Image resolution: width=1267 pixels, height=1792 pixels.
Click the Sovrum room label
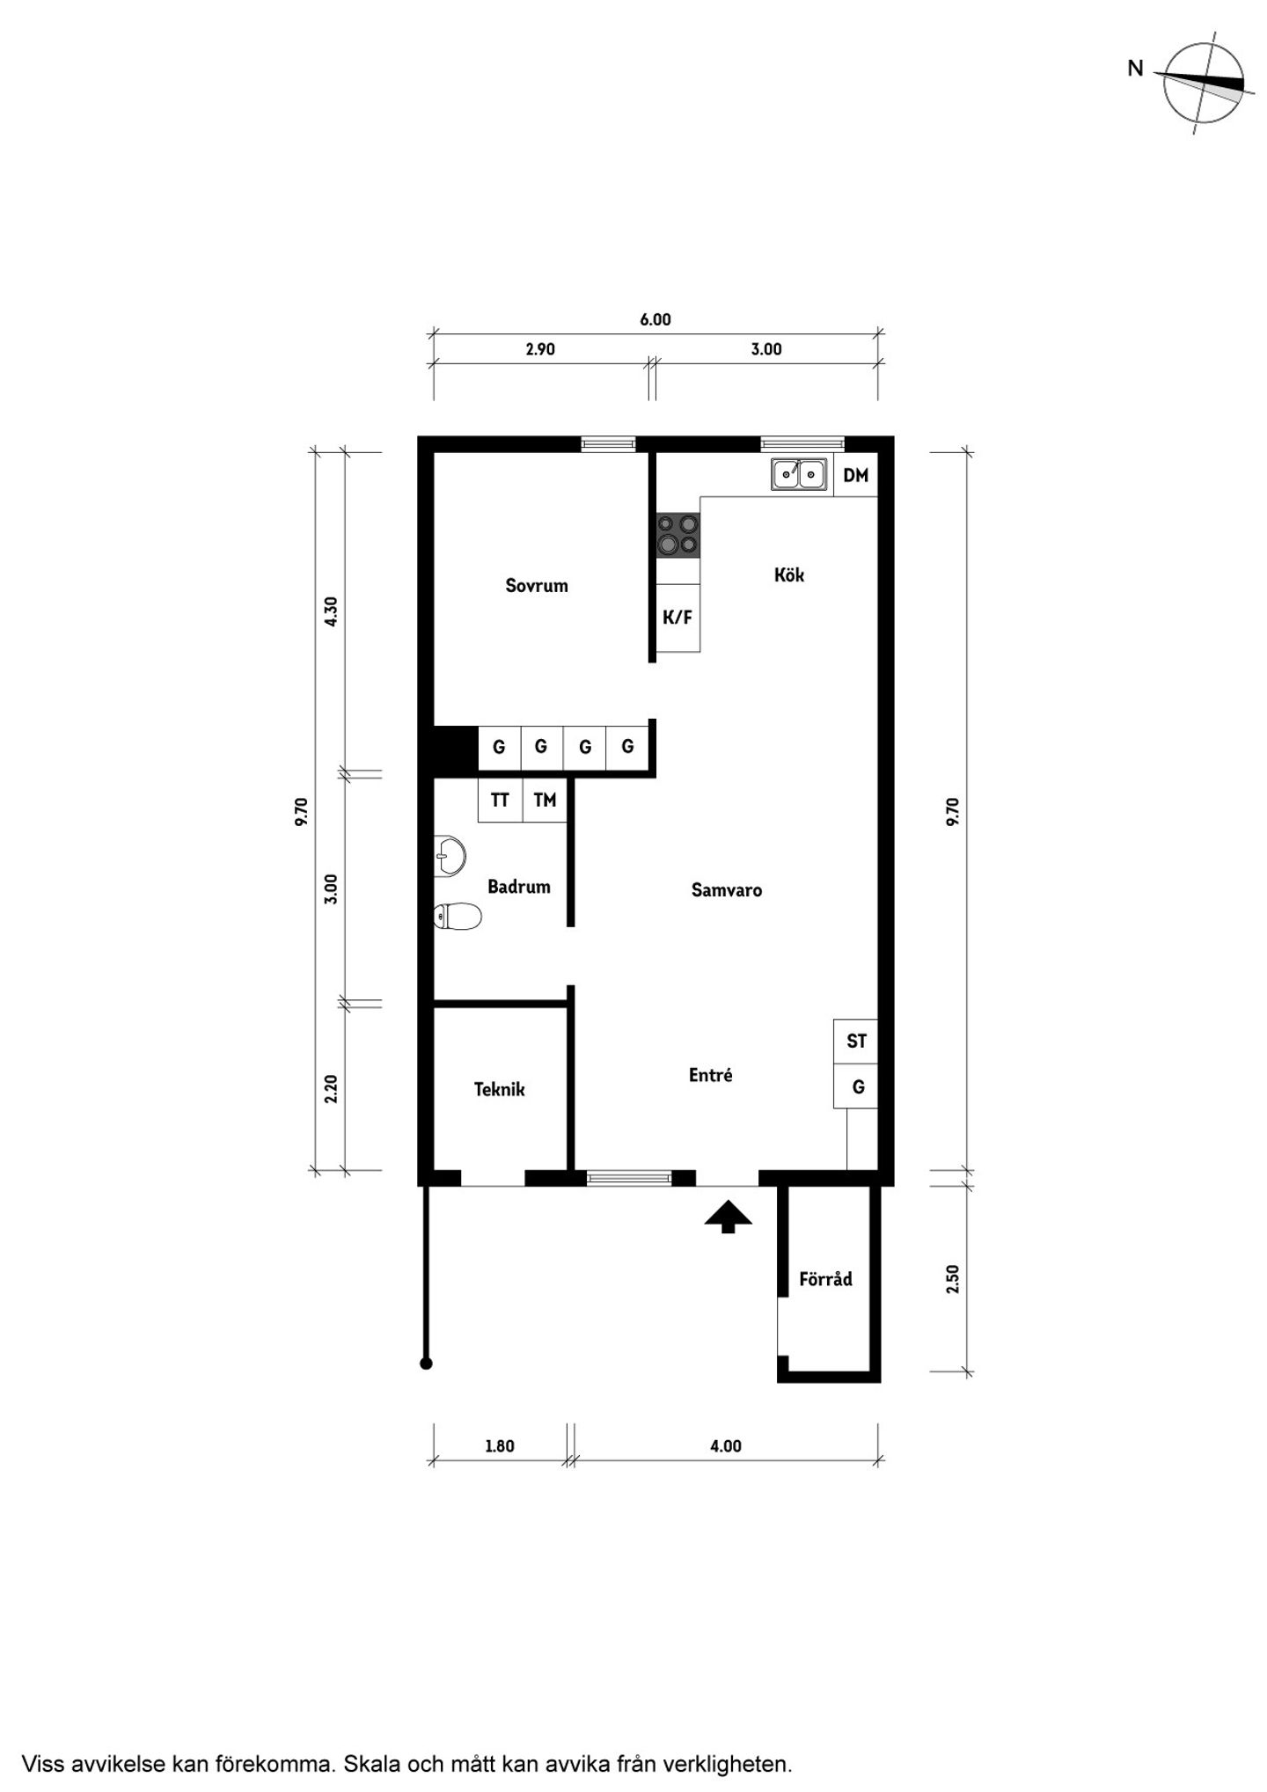pyautogui.click(x=536, y=586)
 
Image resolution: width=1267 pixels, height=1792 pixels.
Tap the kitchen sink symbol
pyautogui.click(x=799, y=474)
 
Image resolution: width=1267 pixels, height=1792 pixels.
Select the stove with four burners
pyautogui.click(x=678, y=535)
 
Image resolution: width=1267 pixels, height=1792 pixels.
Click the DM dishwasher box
pyautogui.click(x=855, y=475)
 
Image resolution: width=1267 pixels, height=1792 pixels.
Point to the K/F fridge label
pyautogui.click(x=677, y=618)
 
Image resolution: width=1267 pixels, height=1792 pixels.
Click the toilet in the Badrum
pyautogui.click(x=458, y=917)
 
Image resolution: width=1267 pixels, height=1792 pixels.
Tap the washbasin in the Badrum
pyautogui.click(x=450, y=856)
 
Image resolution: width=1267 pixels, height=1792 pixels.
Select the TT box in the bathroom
pyautogui.click(x=500, y=800)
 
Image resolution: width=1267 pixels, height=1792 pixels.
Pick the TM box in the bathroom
pyautogui.click(x=545, y=800)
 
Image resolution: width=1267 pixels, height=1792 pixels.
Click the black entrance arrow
pyautogui.click(x=729, y=1217)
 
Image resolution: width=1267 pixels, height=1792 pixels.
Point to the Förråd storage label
pyautogui.click(x=825, y=1278)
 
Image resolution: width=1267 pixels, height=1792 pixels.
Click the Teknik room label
pyautogui.click(x=499, y=1089)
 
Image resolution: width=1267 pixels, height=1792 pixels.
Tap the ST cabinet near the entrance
pyautogui.click(x=856, y=1041)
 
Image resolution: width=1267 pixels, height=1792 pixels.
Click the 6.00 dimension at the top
pyautogui.click(x=655, y=319)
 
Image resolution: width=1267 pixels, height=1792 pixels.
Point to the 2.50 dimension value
pyautogui.click(x=952, y=1278)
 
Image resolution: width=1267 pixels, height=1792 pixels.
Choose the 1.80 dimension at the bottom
pyautogui.click(x=499, y=1445)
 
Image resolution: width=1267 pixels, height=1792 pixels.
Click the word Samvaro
pyautogui.click(x=727, y=889)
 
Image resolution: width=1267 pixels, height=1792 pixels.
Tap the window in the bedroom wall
pyautogui.click(x=608, y=443)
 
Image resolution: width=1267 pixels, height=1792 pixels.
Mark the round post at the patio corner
pyautogui.click(x=426, y=1364)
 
